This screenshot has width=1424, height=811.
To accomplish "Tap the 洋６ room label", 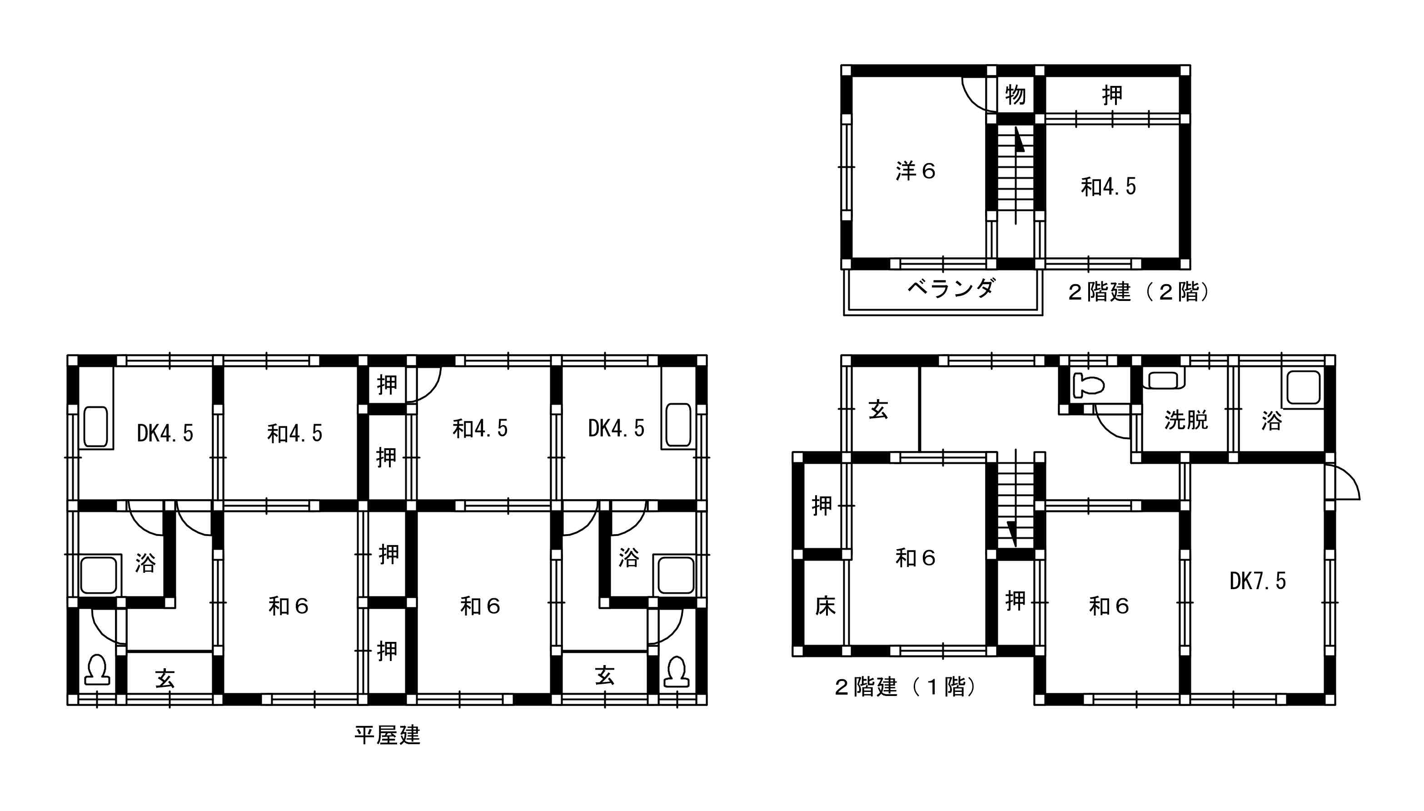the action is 916,171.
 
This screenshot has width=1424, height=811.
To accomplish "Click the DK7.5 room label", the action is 1258,581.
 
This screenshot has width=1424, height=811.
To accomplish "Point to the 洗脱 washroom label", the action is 1186,420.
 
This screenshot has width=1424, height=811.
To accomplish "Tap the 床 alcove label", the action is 825,606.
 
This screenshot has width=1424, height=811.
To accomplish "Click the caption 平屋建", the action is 388,735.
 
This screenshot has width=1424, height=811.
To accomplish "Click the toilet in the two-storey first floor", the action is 1089,384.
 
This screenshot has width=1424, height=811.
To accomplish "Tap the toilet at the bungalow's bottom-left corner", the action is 97,670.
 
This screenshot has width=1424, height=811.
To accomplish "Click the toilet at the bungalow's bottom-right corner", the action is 677,672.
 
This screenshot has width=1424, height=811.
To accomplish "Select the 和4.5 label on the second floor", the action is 1108,186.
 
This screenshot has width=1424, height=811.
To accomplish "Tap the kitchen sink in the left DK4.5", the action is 96,427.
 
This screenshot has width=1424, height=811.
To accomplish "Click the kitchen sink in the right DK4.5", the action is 678,425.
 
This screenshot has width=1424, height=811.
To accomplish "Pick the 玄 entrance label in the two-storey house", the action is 878,410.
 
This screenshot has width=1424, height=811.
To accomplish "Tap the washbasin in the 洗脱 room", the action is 1164,380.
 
